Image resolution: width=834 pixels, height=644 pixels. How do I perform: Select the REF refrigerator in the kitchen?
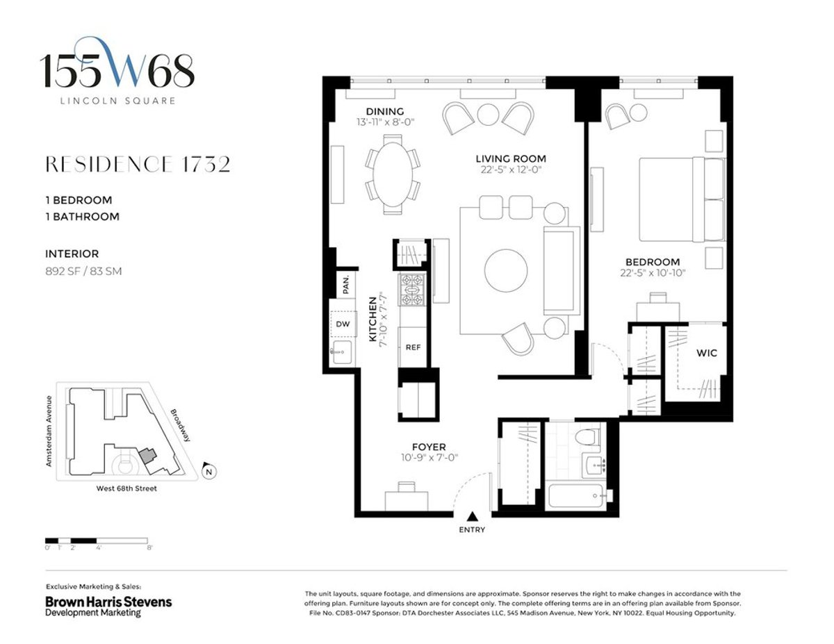pos(414,347)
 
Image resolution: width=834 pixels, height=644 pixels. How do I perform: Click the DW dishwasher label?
pos(342,324)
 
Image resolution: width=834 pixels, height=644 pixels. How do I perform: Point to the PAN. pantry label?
pos(345,283)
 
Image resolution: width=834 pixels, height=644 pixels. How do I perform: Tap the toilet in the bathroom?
pos(588,437)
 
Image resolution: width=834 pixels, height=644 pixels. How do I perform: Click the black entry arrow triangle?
pos(472,516)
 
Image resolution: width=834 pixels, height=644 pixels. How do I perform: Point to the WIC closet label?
pos(707,353)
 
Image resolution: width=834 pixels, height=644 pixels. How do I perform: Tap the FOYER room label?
pos(428,447)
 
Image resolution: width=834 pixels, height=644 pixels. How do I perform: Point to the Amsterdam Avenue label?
pos(49,431)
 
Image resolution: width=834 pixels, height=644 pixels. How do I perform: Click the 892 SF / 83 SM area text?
pos(83,272)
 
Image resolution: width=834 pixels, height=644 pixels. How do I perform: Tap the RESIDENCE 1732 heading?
pos(137,165)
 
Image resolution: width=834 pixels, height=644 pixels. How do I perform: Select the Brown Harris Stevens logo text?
pos(108,602)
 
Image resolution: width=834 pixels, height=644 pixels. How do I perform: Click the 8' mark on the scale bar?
pos(149,548)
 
